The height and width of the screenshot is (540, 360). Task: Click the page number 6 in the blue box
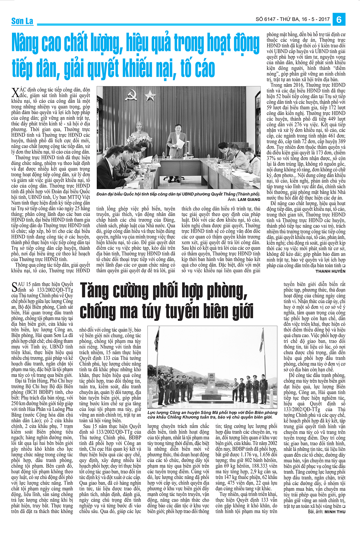[x=339, y=19]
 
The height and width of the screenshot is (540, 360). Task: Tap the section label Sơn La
[x=22, y=21]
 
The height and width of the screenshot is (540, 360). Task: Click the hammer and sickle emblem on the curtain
[x=131, y=95]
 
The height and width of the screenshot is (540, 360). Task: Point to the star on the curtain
[x=149, y=96]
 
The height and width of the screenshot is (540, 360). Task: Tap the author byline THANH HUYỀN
[x=330, y=271]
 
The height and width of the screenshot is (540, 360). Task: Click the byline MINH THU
[x=335, y=511]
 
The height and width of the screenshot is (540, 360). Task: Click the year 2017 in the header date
[x=324, y=19]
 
